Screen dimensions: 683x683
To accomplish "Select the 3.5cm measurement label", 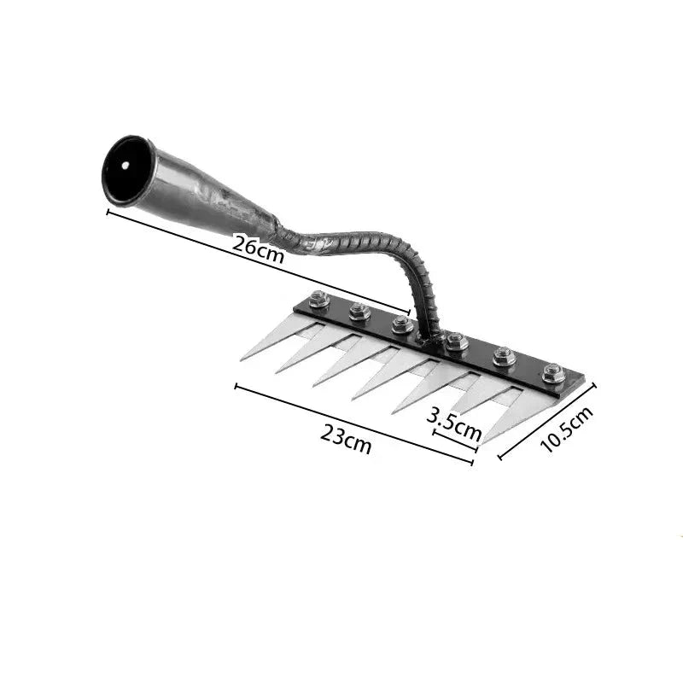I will tap(453, 423).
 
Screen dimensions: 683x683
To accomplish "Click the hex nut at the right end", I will tap(552, 373).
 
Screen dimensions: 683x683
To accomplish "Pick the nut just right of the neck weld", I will tap(455, 341).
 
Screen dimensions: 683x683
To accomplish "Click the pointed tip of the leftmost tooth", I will tap(242, 359).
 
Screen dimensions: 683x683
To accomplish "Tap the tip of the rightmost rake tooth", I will tap(482, 443).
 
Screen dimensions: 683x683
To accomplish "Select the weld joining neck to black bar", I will tap(429, 329).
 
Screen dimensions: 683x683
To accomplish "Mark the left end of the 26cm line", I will tap(108, 211).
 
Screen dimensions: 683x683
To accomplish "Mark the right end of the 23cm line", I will tap(472, 463).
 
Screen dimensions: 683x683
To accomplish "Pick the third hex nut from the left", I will tap(403, 324).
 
